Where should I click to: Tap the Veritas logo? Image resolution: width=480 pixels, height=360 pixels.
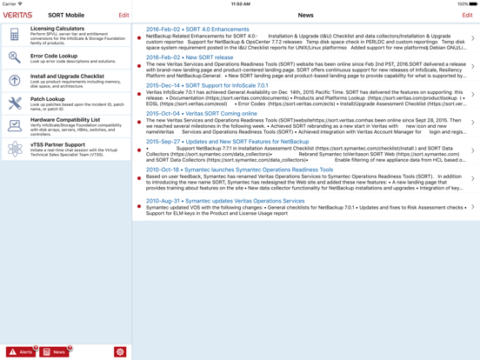pyautogui.click(x=18, y=15)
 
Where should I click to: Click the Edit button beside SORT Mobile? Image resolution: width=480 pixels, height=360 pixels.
pyautogui.click(x=123, y=15)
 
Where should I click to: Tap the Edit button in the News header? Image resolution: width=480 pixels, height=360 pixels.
pyautogui.click(x=467, y=15)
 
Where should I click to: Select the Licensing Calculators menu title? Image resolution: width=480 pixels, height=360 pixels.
pyautogui.click(x=58, y=29)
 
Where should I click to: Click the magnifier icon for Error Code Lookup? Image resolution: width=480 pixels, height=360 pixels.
pyautogui.click(x=15, y=57)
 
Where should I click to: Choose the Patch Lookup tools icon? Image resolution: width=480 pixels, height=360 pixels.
pyautogui.click(x=15, y=103)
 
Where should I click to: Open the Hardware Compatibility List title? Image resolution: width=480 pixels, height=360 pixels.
pyautogui.click(x=65, y=120)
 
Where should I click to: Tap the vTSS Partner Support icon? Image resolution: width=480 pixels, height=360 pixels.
pyautogui.click(x=15, y=149)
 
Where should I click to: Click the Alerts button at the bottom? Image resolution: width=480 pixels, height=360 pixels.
pyautogui.click(x=22, y=352)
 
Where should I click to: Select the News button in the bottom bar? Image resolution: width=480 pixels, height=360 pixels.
pyautogui.click(x=55, y=352)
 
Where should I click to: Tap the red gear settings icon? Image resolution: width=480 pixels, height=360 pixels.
pyautogui.click(x=120, y=352)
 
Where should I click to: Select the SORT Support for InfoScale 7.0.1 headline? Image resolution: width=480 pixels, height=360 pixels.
pyautogui.click(x=207, y=85)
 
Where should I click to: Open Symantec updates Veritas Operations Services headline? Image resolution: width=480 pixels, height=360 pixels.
pyautogui.click(x=225, y=201)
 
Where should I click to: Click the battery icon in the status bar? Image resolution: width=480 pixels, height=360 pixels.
pyautogui.click(x=473, y=3)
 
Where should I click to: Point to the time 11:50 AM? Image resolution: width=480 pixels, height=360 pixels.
pyautogui.click(x=241, y=3)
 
